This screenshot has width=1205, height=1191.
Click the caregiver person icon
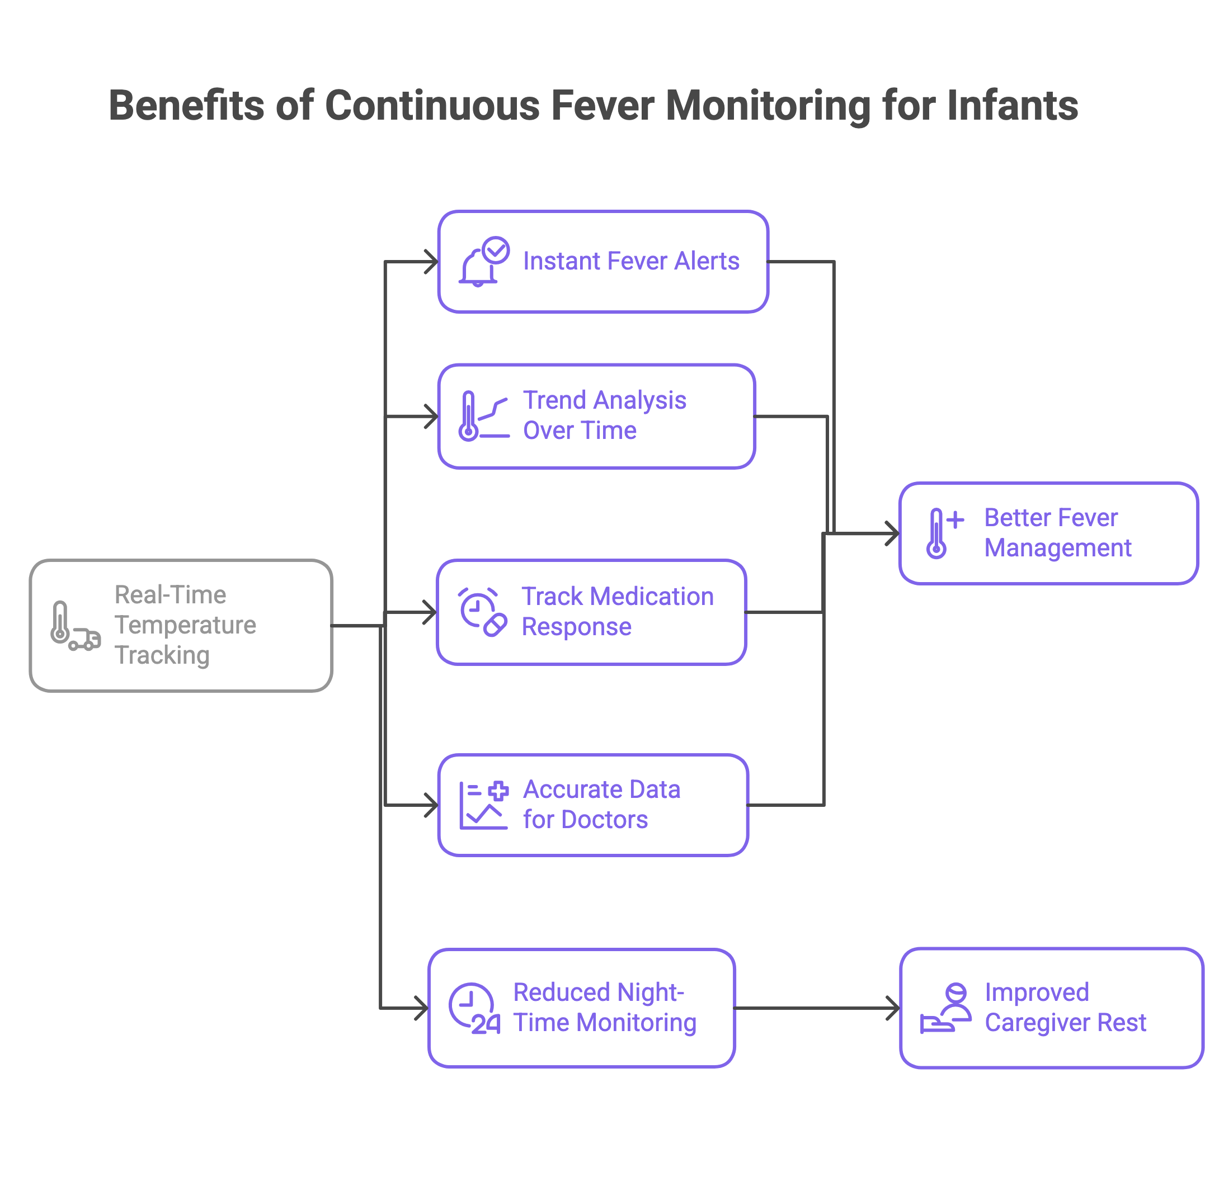tap(945, 1008)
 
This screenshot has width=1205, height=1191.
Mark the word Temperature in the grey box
tap(185, 626)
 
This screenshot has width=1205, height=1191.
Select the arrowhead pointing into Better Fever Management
tap(893, 534)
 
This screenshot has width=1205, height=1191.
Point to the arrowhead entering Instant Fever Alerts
tap(432, 262)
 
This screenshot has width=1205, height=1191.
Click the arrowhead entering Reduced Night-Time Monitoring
tap(423, 1008)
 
